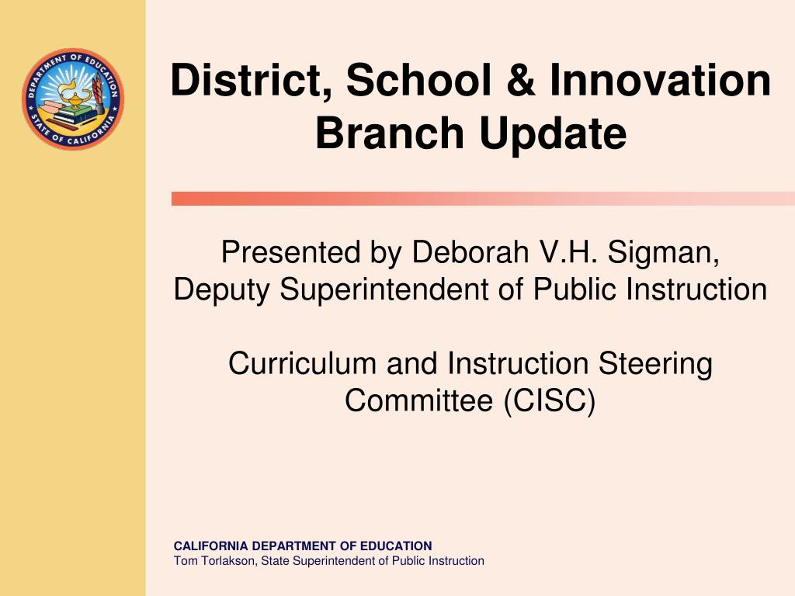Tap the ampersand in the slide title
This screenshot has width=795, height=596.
click(519, 80)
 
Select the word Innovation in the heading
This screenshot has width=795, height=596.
click(660, 80)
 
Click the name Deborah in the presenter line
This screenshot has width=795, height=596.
click(470, 251)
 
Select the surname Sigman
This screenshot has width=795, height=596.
click(663, 253)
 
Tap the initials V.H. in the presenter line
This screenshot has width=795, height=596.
click(568, 252)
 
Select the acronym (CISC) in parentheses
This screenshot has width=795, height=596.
click(550, 401)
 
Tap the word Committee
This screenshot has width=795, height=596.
click(418, 400)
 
